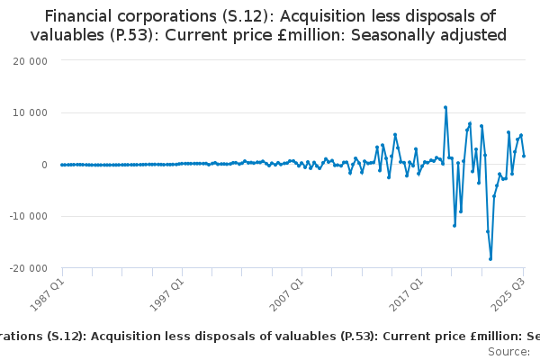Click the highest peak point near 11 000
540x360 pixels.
pyautogui.click(x=445, y=107)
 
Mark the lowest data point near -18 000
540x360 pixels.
pyautogui.click(x=490, y=259)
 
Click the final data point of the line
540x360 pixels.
pyautogui.click(x=524, y=156)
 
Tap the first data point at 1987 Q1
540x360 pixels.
pyautogui.click(x=62, y=165)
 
